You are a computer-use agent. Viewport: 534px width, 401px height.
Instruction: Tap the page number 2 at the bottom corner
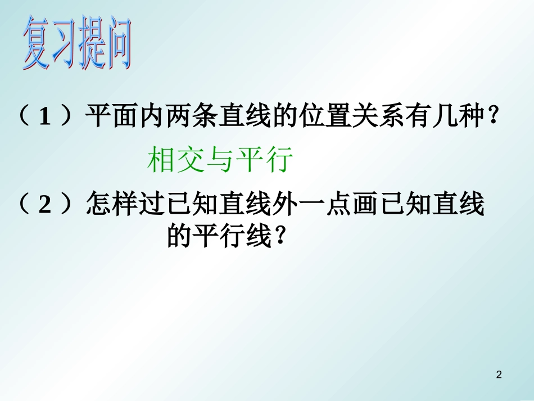pos(500,375)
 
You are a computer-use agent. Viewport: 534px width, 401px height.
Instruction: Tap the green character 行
pos(280,160)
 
